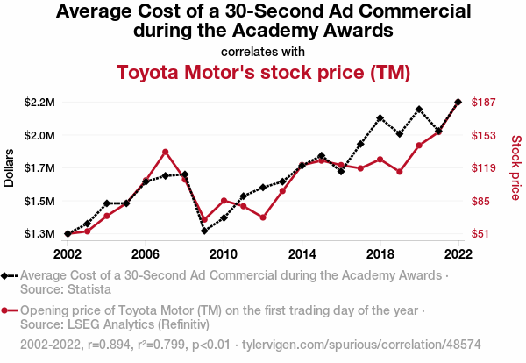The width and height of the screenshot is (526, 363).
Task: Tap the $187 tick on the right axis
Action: click(x=485, y=103)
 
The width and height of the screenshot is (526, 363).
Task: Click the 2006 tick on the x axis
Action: click(x=146, y=253)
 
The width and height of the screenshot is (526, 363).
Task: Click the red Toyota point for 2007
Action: click(x=165, y=152)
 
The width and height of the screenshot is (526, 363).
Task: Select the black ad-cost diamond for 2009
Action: click(x=204, y=231)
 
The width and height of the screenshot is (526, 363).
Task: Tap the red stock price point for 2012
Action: click(x=263, y=217)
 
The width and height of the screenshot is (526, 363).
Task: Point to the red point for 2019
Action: click(x=400, y=172)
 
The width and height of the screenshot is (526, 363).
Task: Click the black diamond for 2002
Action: click(x=68, y=234)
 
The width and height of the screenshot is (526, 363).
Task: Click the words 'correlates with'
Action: click(x=263, y=51)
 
